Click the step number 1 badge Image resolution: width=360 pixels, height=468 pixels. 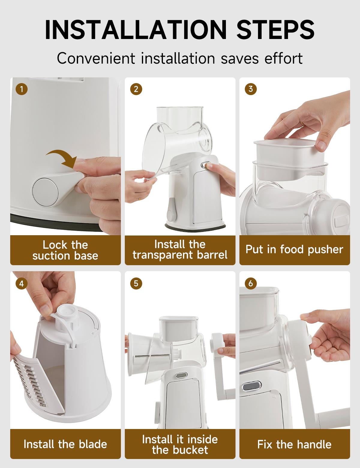[22, 89]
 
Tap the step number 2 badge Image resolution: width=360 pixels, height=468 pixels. [136, 89]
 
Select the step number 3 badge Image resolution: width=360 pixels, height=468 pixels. [250, 89]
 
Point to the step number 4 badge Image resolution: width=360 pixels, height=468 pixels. [22, 283]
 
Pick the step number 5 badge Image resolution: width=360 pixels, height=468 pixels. [136, 283]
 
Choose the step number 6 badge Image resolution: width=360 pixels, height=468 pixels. [250, 283]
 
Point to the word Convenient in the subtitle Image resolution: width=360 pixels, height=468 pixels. [96, 58]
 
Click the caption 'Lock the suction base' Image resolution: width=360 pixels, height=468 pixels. [65, 250]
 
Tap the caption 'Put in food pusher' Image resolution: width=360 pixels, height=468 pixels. [294, 250]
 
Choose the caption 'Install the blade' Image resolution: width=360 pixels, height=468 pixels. [65, 444]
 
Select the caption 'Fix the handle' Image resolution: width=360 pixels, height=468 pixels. [294, 444]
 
